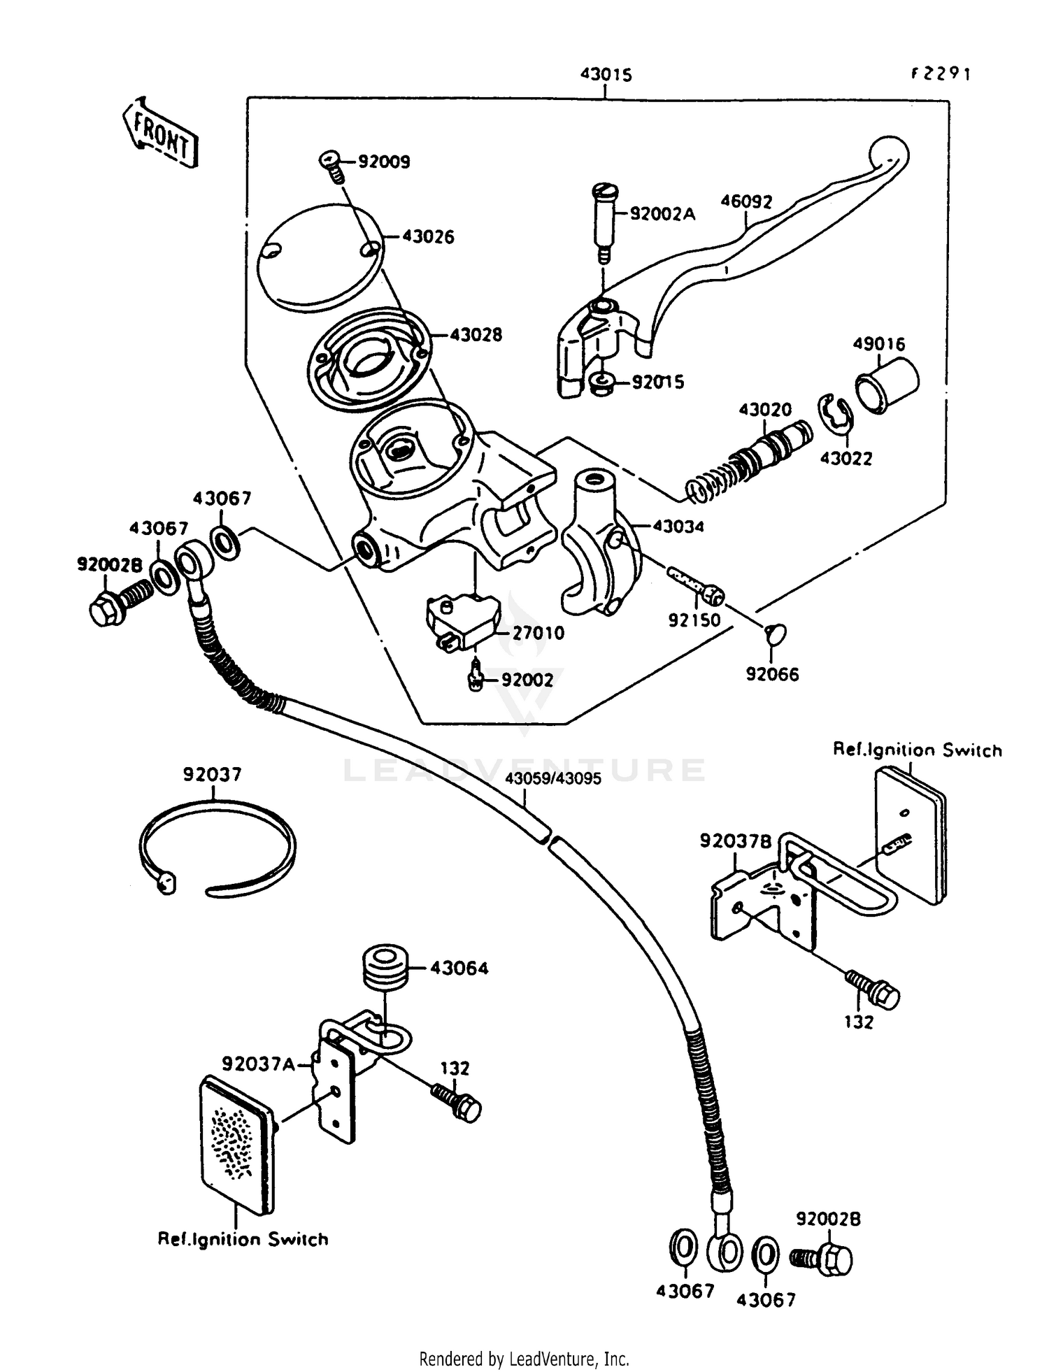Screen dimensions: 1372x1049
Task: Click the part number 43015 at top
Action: pos(606,75)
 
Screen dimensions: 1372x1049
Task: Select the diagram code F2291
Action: pos(941,74)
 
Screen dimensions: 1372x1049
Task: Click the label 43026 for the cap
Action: pos(427,237)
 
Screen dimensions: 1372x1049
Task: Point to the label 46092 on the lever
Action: pos(746,201)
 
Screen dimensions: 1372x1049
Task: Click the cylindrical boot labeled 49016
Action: pos(887,383)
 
